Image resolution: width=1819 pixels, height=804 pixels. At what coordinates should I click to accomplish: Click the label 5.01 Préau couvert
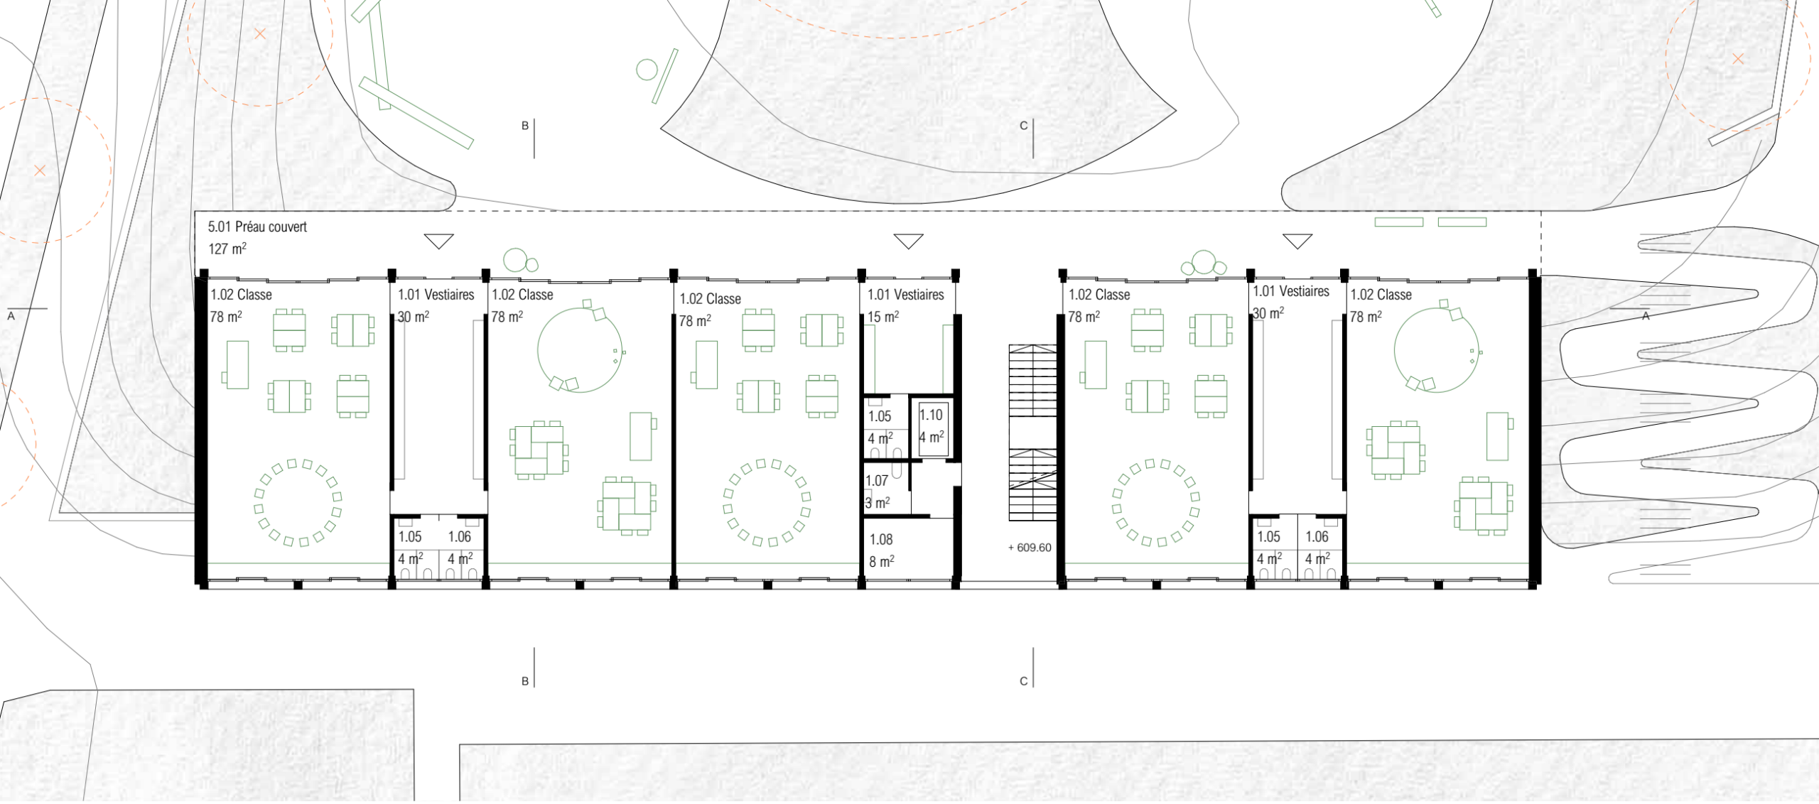pyautogui.click(x=257, y=227)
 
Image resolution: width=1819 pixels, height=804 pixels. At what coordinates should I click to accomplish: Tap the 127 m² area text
pyautogui.click(x=227, y=249)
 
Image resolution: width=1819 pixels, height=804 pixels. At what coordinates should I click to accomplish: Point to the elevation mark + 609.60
pyautogui.click(x=1030, y=548)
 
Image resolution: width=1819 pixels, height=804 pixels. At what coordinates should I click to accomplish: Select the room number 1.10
pyautogui.click(x=931, y=415)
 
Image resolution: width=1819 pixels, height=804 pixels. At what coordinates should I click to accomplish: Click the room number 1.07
pyautogui.click(x=877, y=481)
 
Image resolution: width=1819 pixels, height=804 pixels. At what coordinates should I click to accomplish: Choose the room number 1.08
pyautogui.click(x=881, y=540)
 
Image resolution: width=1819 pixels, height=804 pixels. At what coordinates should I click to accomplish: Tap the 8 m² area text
pyautogui.click(x=882, y=562)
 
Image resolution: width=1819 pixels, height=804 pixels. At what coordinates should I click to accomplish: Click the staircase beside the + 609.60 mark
pyautogui.click(x=1032, y=433)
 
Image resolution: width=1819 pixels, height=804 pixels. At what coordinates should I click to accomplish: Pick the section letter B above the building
pyautogui.click(x=525, y=126)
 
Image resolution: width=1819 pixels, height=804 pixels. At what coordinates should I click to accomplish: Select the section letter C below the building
pyautogui.click(x=1024, y=681)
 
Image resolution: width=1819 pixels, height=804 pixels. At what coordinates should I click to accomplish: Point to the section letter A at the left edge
pyautogui.click(x=11, y=316)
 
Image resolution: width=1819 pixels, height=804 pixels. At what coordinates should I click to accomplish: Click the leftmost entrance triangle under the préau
pyautogui.click(x=438, y=241)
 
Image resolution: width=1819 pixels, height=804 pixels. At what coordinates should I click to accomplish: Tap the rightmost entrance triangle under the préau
pyautogui.click(x=1297, y=241)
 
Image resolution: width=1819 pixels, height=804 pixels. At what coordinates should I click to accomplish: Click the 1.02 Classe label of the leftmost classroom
pyautogui.click(x=241, y=295)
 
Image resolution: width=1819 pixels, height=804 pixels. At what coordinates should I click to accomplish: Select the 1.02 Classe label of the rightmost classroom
pyautogui.click(x=1381, y=295)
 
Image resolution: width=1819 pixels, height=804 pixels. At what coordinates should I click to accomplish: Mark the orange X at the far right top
pyautogui.click(x=1738, y=59)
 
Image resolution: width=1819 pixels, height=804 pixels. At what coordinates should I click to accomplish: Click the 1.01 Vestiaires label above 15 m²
pyautogui.click(x=906, y=295)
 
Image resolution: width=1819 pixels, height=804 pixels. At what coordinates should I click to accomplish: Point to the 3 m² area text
pyautogui.click(x=878, y=503)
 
